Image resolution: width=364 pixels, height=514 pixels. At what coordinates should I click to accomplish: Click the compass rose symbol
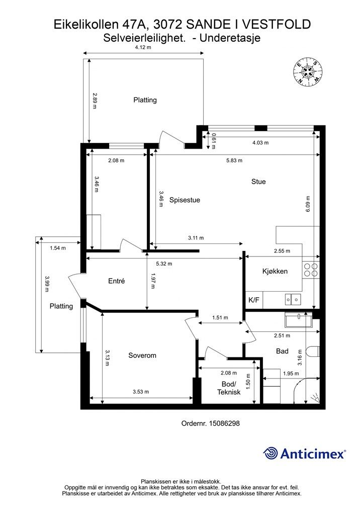(308, 72)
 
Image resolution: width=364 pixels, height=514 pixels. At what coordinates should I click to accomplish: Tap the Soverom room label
(142, 355)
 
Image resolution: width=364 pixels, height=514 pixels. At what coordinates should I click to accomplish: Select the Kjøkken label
(275, 272)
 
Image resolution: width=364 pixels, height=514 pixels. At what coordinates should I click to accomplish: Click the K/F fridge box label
(254, 300)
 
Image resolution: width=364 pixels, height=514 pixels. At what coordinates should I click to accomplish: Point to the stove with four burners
(311, 270)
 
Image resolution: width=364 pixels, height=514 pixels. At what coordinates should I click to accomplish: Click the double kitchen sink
(293, 299)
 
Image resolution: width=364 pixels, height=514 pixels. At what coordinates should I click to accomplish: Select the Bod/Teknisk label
(229, 388)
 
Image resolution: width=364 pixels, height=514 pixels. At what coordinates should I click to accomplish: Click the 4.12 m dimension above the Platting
(143, 47)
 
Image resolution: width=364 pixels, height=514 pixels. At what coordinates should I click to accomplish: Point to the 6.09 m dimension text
(308, 204)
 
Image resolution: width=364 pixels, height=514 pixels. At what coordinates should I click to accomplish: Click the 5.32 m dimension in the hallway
(164, 264)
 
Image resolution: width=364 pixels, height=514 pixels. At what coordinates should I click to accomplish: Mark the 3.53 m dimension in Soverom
(141, 392)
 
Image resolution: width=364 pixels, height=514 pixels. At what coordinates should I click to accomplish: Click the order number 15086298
(224, 423)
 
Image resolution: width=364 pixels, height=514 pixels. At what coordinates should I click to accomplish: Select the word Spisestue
(185, 200)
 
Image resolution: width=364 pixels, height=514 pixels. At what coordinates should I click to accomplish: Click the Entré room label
(117, 281)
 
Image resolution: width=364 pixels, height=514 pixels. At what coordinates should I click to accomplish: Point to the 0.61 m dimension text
(214, 141)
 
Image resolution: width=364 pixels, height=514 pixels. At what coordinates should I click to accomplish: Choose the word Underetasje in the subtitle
(230, 38)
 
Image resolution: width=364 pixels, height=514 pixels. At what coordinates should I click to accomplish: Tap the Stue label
(258, 182)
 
